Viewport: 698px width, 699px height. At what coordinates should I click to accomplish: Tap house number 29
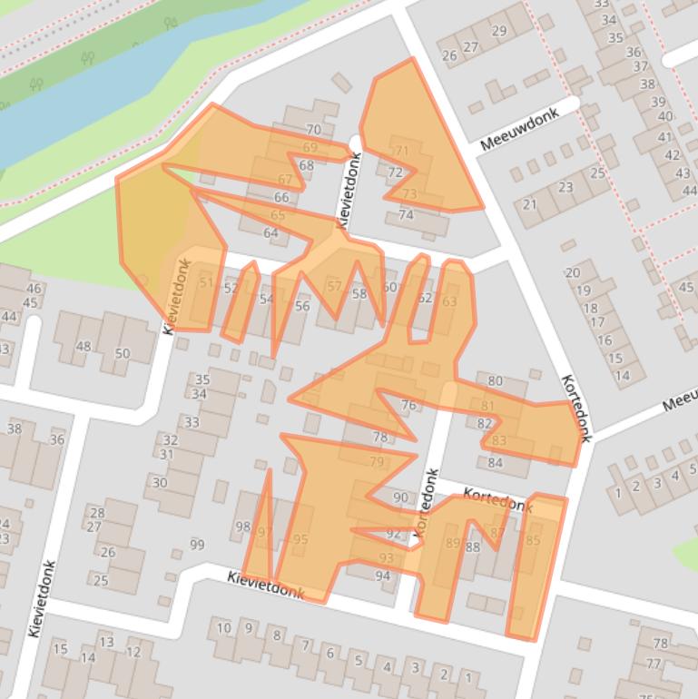[x=498, y=31]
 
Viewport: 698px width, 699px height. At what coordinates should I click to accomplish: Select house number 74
[x=406, y=215]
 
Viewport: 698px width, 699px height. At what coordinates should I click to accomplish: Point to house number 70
[x=313, y=130]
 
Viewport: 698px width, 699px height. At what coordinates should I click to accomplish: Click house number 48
[x=84, y=346]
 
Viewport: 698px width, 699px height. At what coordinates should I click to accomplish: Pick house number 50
[x=123, y=353]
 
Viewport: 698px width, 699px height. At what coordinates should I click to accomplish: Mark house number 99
[x=197, y=545]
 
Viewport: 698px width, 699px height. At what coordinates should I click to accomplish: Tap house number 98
[x=242, y=527]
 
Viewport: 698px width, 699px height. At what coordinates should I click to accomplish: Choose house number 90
[x=400, y=497]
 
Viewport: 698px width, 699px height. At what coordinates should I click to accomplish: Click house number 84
[x=495, y=462]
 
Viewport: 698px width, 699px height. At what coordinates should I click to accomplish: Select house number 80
[x=495, y=381]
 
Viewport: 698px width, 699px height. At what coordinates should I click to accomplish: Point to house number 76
[x=408, y=405]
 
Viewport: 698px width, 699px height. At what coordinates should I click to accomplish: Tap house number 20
[x=572, y=272]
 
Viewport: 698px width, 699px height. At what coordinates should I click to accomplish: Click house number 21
[x=530, y=204]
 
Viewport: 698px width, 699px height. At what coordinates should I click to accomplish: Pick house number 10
[x=223, y=627]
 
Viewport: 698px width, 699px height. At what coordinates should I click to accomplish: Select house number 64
[x=270, y=233]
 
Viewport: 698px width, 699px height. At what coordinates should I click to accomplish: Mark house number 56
[x=302, y=306]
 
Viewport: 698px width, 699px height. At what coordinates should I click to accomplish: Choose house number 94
[x=382, y=576]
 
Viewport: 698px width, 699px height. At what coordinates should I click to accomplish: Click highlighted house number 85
[x=533, y=541]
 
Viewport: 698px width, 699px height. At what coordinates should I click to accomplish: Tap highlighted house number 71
[x=401, y=151]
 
